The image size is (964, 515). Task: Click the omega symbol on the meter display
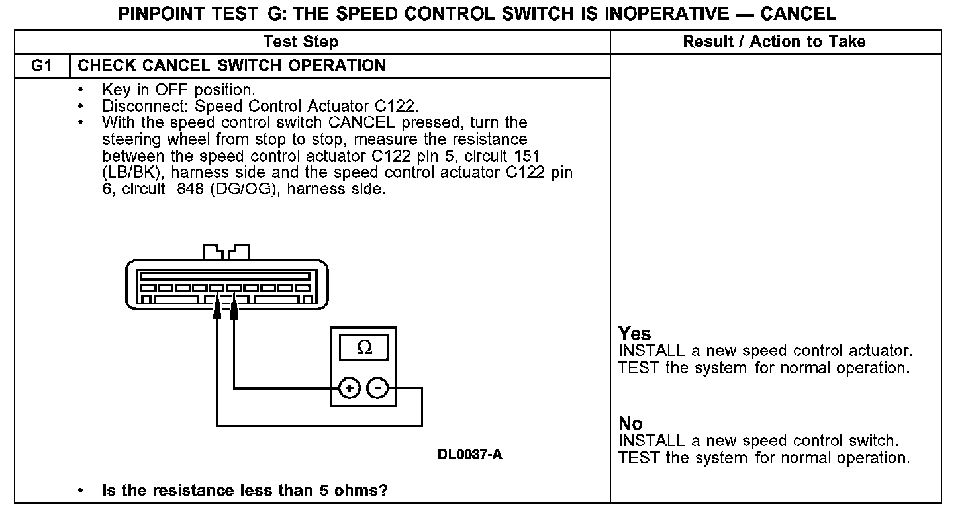(x=363, y=348)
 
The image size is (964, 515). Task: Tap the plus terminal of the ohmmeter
(x=349, y=388)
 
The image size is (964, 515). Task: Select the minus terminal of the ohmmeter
(x=377, y=388)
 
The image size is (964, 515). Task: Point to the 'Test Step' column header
(x=301, y=42)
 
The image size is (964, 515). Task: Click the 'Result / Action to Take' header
(x=774, y=42)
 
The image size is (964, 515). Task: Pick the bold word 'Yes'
(x=634, y=334)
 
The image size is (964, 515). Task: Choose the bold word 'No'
(x=630, y=424)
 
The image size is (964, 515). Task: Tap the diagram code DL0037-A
(x=469, y=455)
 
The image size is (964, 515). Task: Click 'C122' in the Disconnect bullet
(x=396, y=106)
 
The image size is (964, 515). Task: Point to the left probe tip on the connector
(x=217, y=310)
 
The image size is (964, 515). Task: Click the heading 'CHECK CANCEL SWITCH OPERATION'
(x=232, y=66)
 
